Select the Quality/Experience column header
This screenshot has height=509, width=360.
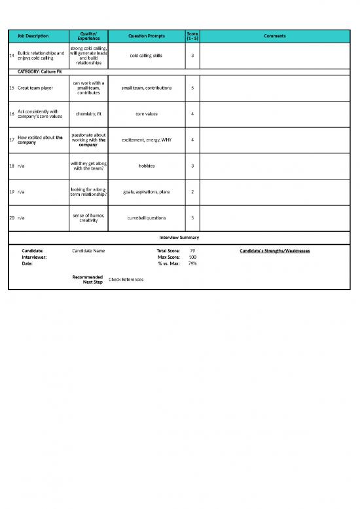pos(88,36)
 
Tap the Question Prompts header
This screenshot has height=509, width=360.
pos(147,36)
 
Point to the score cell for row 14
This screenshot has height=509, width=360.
pos(192,56)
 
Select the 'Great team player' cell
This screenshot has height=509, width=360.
pos(35,87)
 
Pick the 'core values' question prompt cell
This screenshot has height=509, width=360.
pos(147,114)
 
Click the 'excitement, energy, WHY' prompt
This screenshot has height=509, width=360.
pos(147,140)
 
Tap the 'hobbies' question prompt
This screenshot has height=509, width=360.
pos(147,166)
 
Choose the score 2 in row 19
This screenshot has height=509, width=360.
pos(192,192)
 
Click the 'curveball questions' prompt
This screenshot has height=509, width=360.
pos(147,218)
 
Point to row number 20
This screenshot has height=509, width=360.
pos(12,218)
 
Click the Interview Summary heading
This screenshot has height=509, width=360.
pos(179,237)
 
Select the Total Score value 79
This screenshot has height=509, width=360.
pos(192,251)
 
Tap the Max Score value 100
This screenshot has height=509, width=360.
pos(192,257)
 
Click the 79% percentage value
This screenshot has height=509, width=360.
pos(192,264)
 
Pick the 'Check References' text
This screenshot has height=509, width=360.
pos(126,280)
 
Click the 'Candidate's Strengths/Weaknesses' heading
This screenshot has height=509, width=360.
pos(275,251)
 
